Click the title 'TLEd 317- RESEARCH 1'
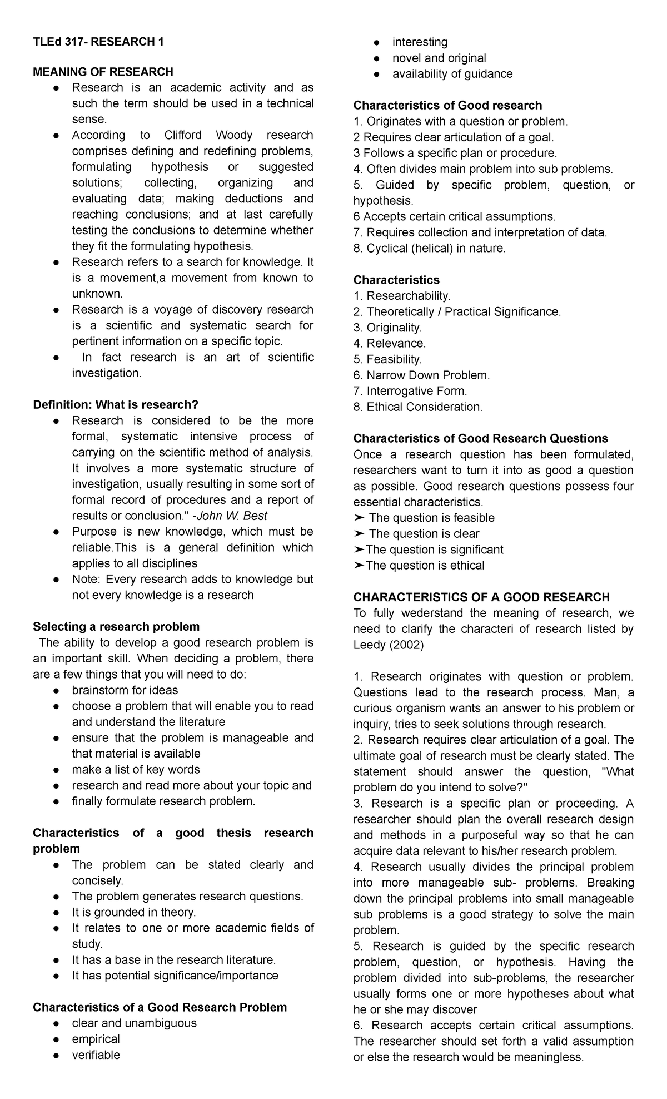[x=98, y=42]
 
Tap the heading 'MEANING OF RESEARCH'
[x=103, y=72]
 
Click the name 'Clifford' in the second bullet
[x=184, y=135]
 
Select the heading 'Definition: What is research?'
[x=116, y=404]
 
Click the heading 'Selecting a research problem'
[x=116, y=627]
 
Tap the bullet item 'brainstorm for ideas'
[x=125, y=690]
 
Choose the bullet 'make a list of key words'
[x=136, y=770]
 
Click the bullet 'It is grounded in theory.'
[x=134, y=912]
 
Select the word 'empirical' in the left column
[x=96, y=1039]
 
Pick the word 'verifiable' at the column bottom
[x=96, y=1055]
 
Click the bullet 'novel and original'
[x=439, y=58]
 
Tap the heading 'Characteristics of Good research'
[x=447, y=106]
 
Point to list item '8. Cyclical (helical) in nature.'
[x=430, y=249]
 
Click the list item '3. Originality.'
[x=387, y=328]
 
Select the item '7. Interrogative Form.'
[x=410, y=391]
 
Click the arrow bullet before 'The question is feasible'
[x=359, y=518]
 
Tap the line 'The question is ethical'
[x=425, y=566]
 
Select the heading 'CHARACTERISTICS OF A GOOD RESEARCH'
[x=481, y=597]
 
